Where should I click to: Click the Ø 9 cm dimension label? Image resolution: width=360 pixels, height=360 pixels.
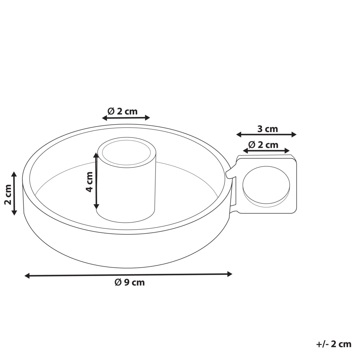click(130, 282)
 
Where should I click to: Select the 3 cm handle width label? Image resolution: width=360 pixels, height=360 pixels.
click(267, 129)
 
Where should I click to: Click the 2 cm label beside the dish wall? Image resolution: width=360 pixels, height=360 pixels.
click(8, 194)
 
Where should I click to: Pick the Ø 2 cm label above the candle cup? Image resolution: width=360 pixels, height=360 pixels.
click(122, 111)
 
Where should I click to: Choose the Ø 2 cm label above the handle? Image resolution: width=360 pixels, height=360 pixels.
click(263, 145)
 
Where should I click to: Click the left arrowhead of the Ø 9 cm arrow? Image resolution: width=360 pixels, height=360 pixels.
click(27, 276)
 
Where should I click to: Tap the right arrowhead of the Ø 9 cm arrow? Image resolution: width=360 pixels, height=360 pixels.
click(229, 274)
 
